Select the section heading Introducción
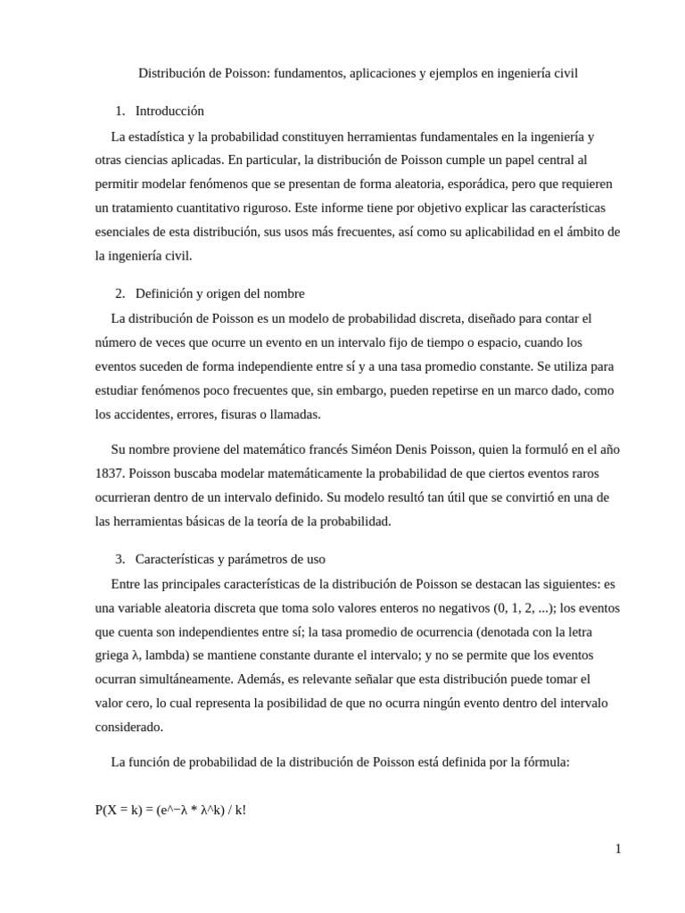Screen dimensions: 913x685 [x=169, y=111]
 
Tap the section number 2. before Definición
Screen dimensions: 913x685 [x=120, y=293]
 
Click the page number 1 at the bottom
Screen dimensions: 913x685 [x=617, y=849]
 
